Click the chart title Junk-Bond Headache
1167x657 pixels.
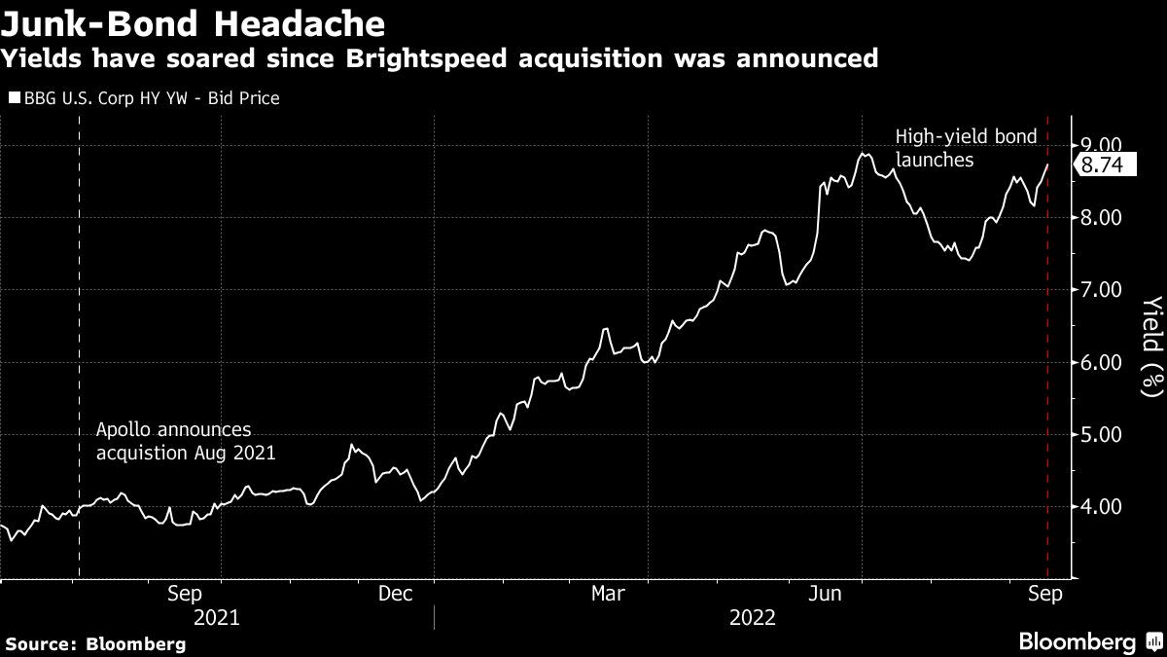[193, 23]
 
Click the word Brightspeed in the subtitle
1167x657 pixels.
[426, 58]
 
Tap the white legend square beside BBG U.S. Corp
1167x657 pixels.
[15, 97]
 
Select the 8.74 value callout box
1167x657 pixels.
[1105, 164]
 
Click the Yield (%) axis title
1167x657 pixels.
[1152, 347]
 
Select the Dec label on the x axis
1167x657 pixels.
[396, 594]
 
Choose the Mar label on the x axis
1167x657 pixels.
[608, 594]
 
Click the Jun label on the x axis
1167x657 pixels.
[825, 594]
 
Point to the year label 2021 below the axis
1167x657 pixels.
[216, 618]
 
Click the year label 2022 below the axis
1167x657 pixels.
[753, 618]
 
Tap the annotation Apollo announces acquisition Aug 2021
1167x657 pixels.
[186, 441]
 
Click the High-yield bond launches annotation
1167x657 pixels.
[967, 148]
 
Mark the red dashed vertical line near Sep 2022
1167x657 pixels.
[1047, 347]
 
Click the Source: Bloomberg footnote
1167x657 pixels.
[96, 644]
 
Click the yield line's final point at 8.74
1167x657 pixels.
[1047, 164]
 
